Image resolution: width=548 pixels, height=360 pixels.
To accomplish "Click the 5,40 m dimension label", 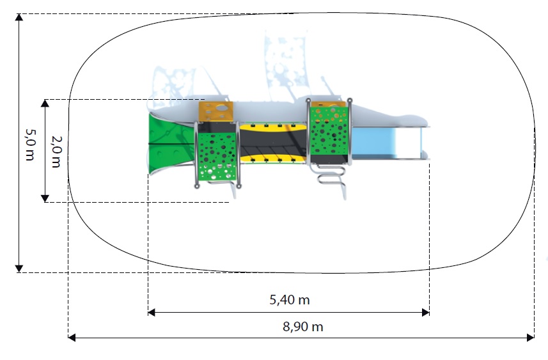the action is pyautogui.click(x=290, y=300).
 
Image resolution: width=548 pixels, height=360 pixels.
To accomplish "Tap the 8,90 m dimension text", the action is pyautogui.click(x=302, y=327).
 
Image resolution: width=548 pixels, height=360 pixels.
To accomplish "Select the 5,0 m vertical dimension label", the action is pyautogui.click(x=30, y=145).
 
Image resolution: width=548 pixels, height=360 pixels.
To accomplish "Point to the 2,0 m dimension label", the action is pyautogui.click(x=56, y=152).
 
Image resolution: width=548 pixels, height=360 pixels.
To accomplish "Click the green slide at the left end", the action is pyautogui.click(x=171, y=144).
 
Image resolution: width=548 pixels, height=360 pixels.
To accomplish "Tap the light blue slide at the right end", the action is pyautogui.click(x=389, y=143).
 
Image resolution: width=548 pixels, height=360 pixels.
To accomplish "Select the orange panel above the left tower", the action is pyautogui.click(x=216, y=111).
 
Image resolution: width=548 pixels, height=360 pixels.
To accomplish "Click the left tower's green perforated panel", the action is pyautogui.click(x=217, y=157).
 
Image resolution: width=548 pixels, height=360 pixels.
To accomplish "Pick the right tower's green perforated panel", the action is pyautogui.click(x=329, y=132).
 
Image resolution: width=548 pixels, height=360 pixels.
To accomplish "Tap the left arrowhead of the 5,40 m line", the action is pyautogui.click(x=152, y=313).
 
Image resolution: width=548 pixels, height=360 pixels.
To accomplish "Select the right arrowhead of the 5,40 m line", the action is pyautogui.click(x=426, y=313).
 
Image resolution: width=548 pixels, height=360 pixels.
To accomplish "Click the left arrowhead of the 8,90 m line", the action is pyautogui.click(x=72, y=338).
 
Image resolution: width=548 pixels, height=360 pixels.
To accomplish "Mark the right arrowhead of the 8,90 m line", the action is pyautogui.click(x=531, y=338).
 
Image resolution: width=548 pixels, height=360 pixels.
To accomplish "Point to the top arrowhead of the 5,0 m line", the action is pyautogui.click(x=19, y=17).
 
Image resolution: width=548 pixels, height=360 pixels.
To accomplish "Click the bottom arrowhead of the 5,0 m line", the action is pyautogui.click(x=19, y=269).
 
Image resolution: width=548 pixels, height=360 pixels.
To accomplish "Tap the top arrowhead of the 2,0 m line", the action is pyautogui.click(x=45, y=103).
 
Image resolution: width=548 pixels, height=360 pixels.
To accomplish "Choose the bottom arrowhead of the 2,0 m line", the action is pyautogui.click(x=45, y=198).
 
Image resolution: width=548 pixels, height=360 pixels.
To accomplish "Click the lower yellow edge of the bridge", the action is pyautogui.click(x=273, y=159).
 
